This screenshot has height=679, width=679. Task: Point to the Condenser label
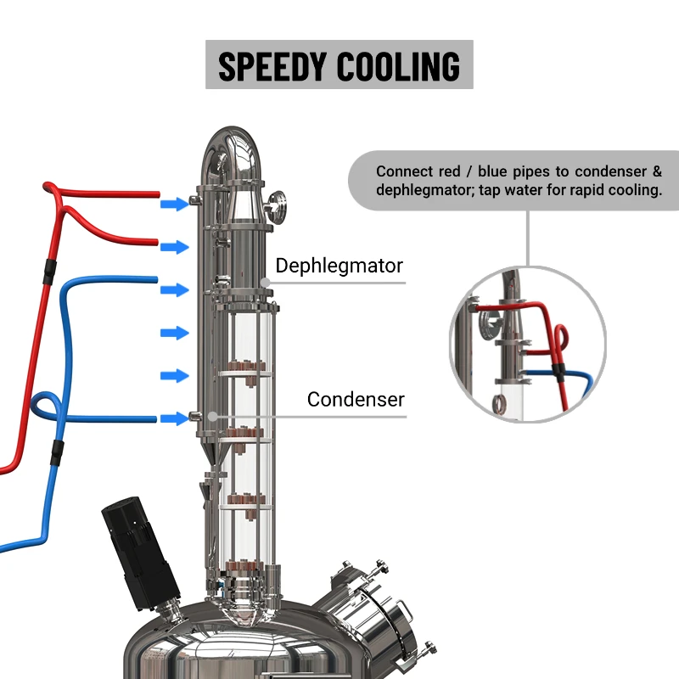tap(356, 399)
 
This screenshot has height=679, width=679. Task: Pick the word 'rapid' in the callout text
tap(576, 190)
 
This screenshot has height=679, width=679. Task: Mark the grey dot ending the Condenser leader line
tap(213, 416)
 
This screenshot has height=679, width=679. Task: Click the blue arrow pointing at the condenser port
tap(175, 418)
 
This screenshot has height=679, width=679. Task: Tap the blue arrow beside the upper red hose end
tap(175, 204)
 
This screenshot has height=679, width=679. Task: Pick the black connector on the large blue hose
tap(58, 452)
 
